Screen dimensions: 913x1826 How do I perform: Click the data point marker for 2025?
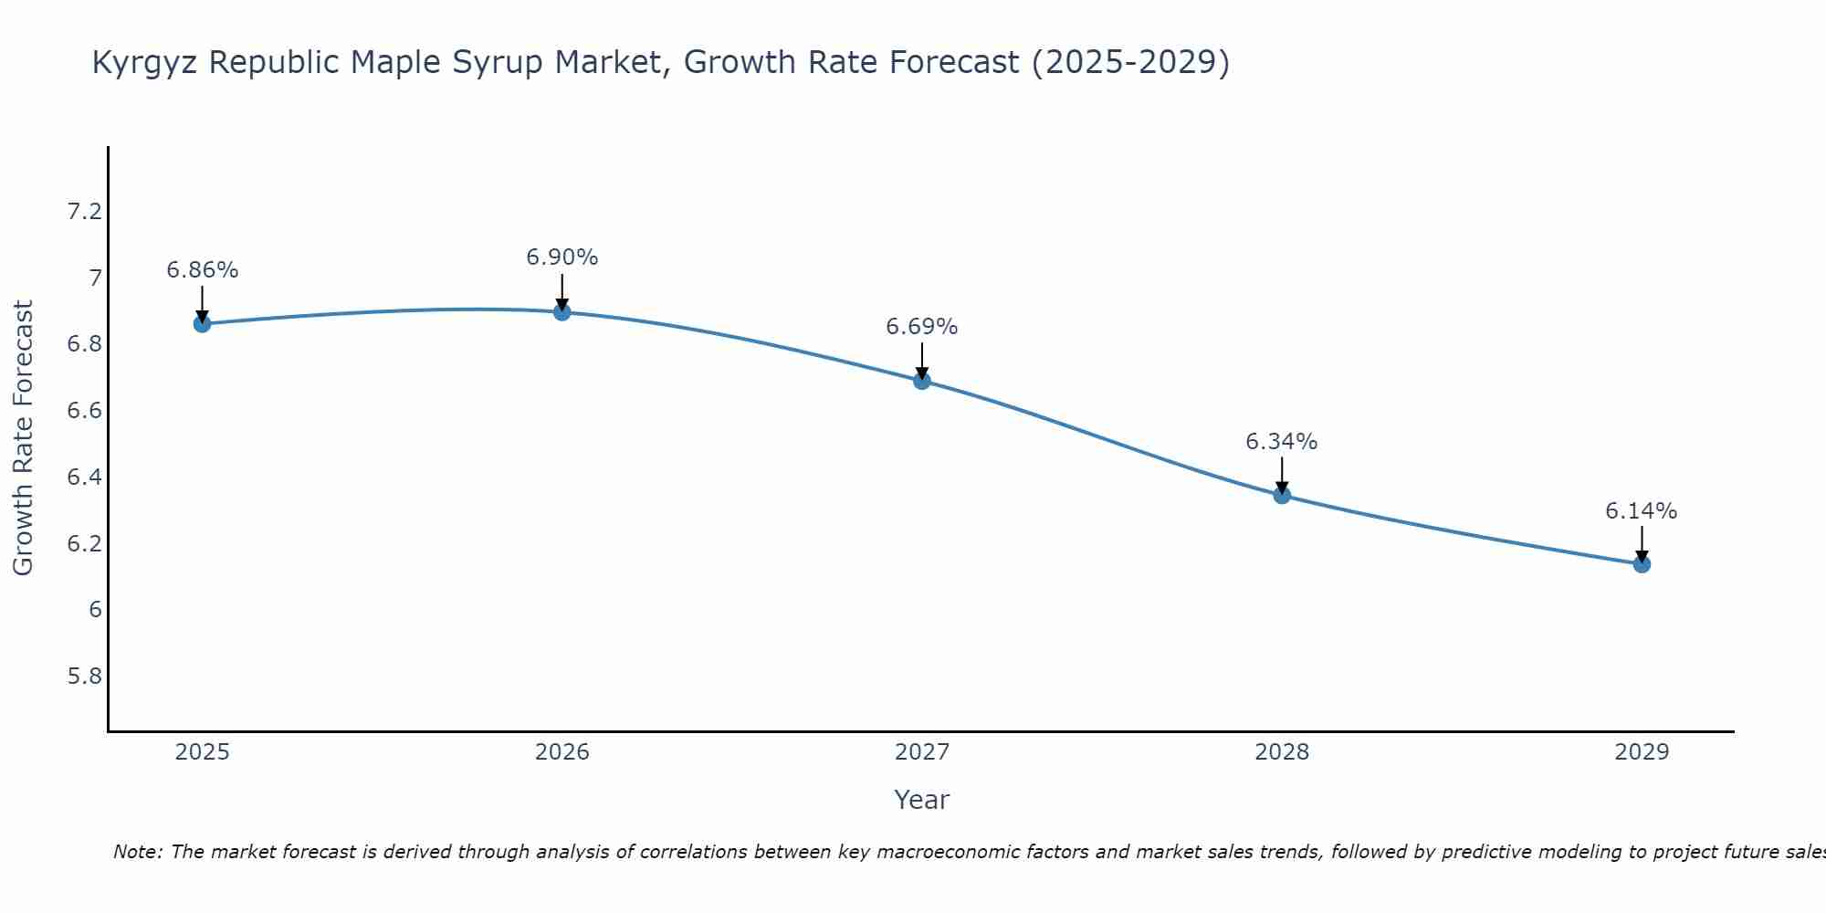(202, 323)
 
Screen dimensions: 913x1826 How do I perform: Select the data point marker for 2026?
(562, 312)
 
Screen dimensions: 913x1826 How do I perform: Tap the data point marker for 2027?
(922, 381)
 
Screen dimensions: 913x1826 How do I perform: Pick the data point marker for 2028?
(1282, 496)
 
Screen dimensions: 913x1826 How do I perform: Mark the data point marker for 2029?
(1642, 564)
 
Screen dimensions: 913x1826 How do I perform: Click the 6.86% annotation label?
(202, 270)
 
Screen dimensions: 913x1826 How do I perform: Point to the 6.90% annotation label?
(562, 257)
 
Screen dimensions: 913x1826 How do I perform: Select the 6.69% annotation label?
(922, 327)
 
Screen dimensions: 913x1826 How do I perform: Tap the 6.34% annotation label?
(1282, 442)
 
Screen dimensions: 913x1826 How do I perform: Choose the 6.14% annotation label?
(1642, 511)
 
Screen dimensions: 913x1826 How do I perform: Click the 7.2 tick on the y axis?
(84, 212)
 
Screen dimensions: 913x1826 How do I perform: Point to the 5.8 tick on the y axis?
(84, 677)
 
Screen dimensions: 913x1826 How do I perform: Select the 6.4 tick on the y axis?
(84, 477)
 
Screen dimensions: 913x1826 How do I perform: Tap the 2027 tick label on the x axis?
(922, 752)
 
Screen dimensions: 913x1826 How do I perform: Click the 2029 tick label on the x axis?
(1642, 752)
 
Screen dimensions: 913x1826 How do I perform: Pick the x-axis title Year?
(922, 800)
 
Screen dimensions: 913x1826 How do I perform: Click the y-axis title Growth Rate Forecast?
(23, 438)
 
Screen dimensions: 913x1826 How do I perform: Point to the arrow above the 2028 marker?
(1282, 475)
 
